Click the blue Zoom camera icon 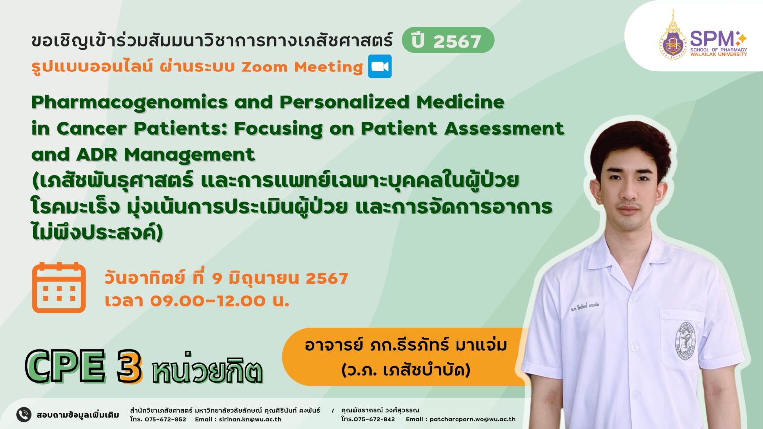click(380, 67)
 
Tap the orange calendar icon click(59, 287)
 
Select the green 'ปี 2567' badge click(448, 40)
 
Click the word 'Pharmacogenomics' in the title click(130, 102)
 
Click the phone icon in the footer click(24, 415)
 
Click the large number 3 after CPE click(129, 366)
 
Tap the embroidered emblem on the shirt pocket click(686, 341)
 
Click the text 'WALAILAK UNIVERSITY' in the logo click(719, 54)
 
